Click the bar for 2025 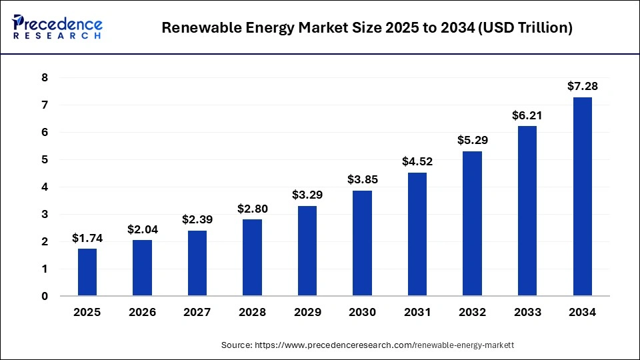pyautogui.click(x=87, y=272)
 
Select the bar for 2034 pyautogui.click(x=582, y=197)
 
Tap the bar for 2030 pyautogui.click(x=362, y=243)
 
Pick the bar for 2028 pyautogui.click(x=252, y=257)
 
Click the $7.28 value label pyautogui.click(x=582, y=86)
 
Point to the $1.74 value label pyautogui.click(x=87, y=237)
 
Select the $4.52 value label pyautogui.click(x=417, y=161)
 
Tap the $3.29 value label pyautogui.click(x=307, y=195)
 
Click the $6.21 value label pyautogui.click(x=527, y=115)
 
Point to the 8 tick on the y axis pyautogui.click(x=45, y=78)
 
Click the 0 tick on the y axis pyautogui.click(x=45, y=296)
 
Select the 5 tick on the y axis pyautogui.click(x=45, y=160)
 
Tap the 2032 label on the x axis pyautogui.click(x=472, y=312)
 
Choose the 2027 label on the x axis pyautogui.click(x=197, y=312)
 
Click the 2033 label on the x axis pyautogui.click(x=527, y=312)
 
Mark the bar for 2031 pyautogui.click(x=417, y=234)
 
